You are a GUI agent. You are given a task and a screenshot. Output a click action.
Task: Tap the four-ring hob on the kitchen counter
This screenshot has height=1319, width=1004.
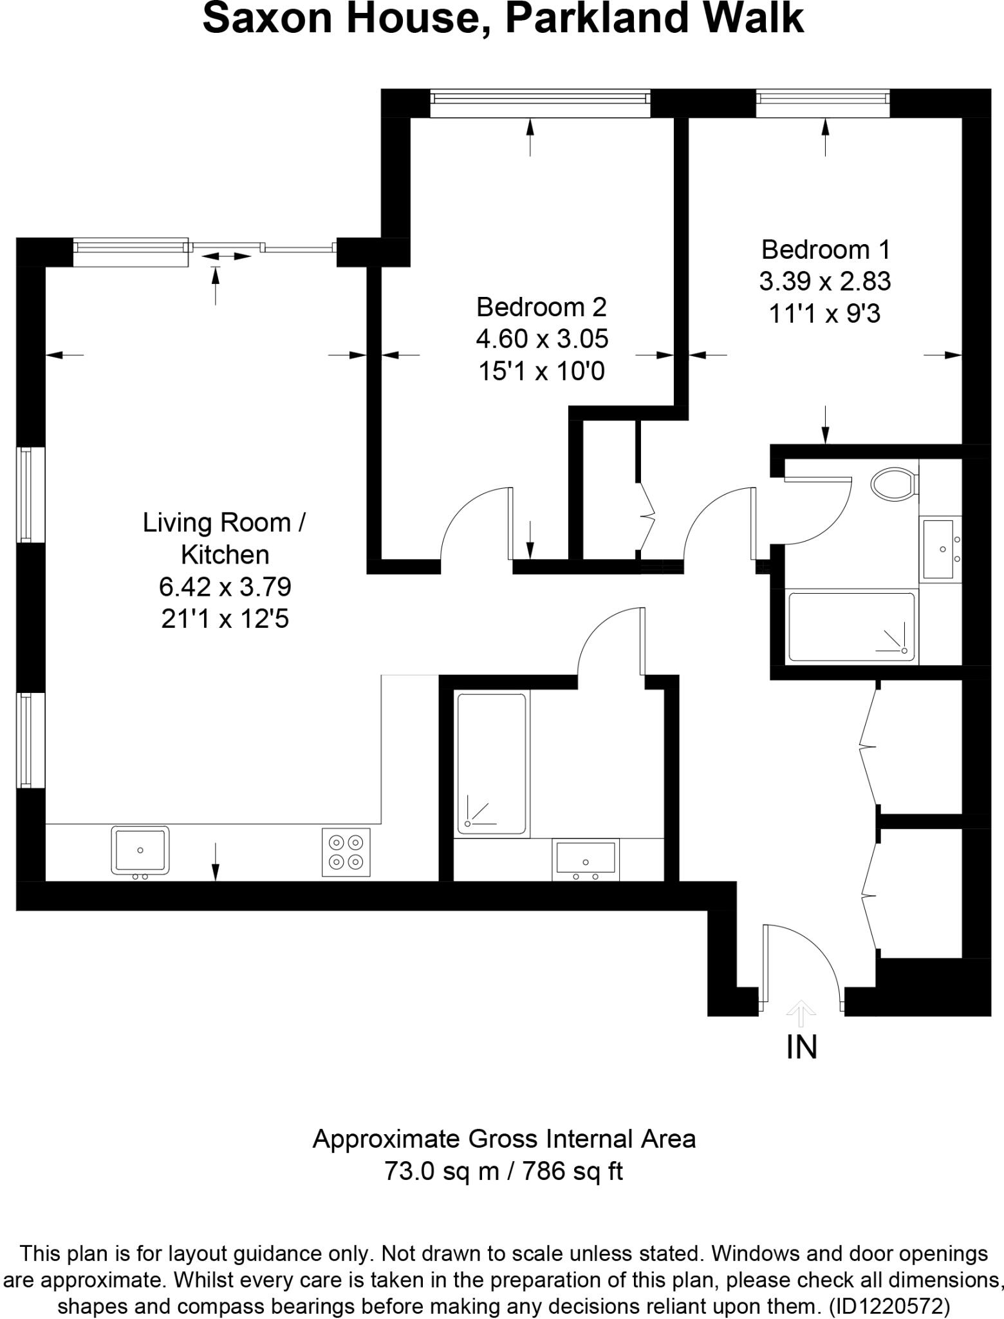tap(346, 852)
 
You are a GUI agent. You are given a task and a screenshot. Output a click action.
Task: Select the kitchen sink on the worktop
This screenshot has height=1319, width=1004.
tap(140, 850)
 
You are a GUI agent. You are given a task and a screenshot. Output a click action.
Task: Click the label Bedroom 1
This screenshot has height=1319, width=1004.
tap(825, 249)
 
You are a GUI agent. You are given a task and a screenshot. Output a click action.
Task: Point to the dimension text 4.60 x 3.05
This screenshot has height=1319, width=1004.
tap(542, 339)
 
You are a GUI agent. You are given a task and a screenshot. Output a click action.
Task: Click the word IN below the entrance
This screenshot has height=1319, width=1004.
tap(801, 1048)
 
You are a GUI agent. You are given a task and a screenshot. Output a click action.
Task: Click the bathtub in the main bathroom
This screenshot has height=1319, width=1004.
tap(492, 764)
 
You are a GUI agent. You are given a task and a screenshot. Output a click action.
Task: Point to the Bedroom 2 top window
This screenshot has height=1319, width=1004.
tap(539, 103)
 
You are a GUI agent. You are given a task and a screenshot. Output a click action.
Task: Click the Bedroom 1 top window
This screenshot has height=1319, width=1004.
tap(823, 103)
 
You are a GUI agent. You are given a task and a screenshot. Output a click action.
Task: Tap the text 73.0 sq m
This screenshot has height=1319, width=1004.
tap(442, 1170)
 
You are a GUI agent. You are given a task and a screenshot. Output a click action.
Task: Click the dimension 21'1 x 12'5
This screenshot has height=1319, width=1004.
tap(225, 619)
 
